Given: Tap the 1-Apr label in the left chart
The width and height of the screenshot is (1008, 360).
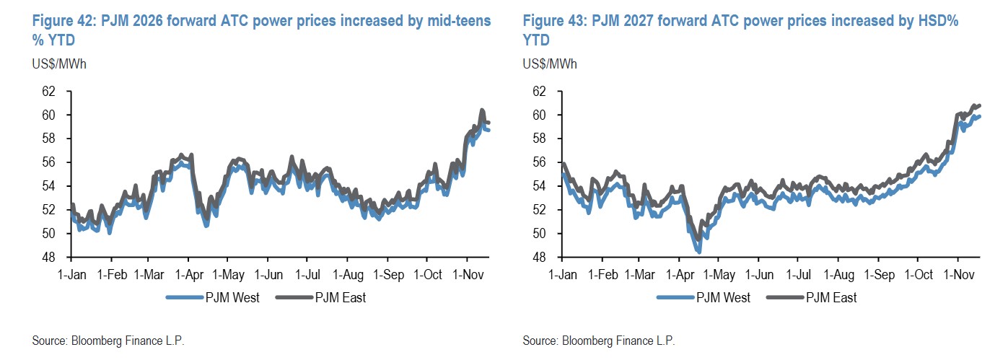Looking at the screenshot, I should pos(188,275).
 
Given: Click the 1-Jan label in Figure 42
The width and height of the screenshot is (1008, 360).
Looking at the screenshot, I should pos(71,275).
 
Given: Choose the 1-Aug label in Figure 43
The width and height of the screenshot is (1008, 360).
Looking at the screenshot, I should pos(839,275).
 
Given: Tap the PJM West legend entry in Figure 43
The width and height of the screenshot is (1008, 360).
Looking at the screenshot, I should pos(705,297).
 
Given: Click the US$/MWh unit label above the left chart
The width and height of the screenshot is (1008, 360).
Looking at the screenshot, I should pos(59,63).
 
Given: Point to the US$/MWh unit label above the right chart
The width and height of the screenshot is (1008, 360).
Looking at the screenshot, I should pos(549,63).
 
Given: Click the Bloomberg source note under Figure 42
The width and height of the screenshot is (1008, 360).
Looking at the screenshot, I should pos(109,341).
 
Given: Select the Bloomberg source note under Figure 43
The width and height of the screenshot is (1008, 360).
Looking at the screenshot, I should pos(599,341).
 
